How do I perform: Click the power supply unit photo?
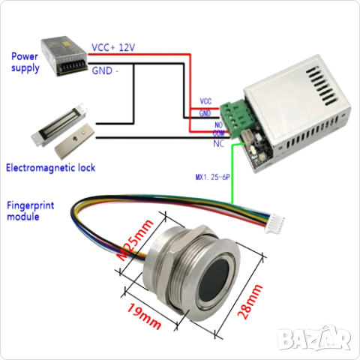64,55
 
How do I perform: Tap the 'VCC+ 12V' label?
113,47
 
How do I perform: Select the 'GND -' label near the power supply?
105,70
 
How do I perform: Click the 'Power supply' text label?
25,62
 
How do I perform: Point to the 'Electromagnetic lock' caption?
51,168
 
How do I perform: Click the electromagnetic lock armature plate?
74,141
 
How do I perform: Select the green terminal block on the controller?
235,118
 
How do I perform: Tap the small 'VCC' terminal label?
205,101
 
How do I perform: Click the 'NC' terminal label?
219,144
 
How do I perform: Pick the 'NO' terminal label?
218,124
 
